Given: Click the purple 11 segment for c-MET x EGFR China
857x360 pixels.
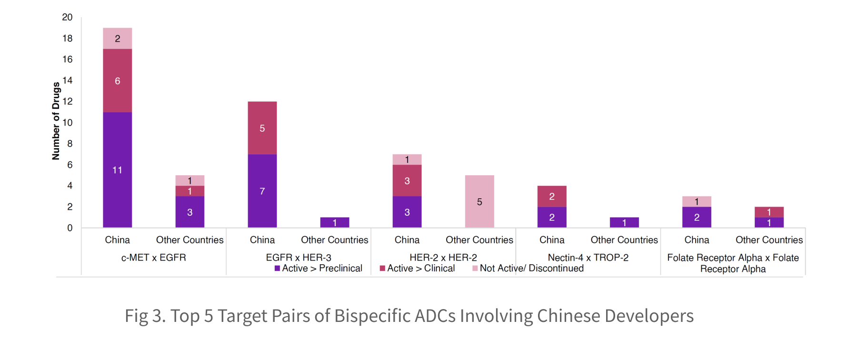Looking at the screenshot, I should pos(118,170).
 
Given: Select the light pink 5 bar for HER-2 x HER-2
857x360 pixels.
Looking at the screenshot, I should pos(479,201).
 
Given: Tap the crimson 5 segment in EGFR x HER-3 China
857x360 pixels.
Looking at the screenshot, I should pos(262,128).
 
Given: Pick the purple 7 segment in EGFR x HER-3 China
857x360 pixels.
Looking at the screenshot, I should pos(262,190).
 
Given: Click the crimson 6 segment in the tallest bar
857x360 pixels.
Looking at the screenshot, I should pos(118,80).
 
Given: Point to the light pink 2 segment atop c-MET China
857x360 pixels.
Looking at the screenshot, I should pos(118,39).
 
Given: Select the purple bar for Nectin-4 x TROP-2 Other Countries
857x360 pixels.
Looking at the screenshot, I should pos(624,222).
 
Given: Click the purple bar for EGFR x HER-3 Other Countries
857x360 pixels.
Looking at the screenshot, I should pos(335,222).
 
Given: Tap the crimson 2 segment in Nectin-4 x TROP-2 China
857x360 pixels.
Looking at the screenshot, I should pos(552,196).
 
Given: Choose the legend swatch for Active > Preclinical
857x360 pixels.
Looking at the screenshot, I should pos(277,269).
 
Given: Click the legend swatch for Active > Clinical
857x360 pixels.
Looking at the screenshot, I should pos(382,269).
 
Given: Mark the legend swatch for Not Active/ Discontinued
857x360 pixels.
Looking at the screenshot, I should pos(475,269).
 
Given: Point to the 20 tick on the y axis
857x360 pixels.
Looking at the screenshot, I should pos(68,18).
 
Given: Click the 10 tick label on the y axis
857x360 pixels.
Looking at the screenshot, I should pos(68,123).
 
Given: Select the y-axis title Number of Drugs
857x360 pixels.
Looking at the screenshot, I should pos(56,121).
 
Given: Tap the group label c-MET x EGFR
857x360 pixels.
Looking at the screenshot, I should pos(153,258).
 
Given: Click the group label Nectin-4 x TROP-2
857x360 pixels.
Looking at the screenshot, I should pos(588,258).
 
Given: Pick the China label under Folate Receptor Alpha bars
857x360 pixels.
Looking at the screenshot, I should pos(697,240).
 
